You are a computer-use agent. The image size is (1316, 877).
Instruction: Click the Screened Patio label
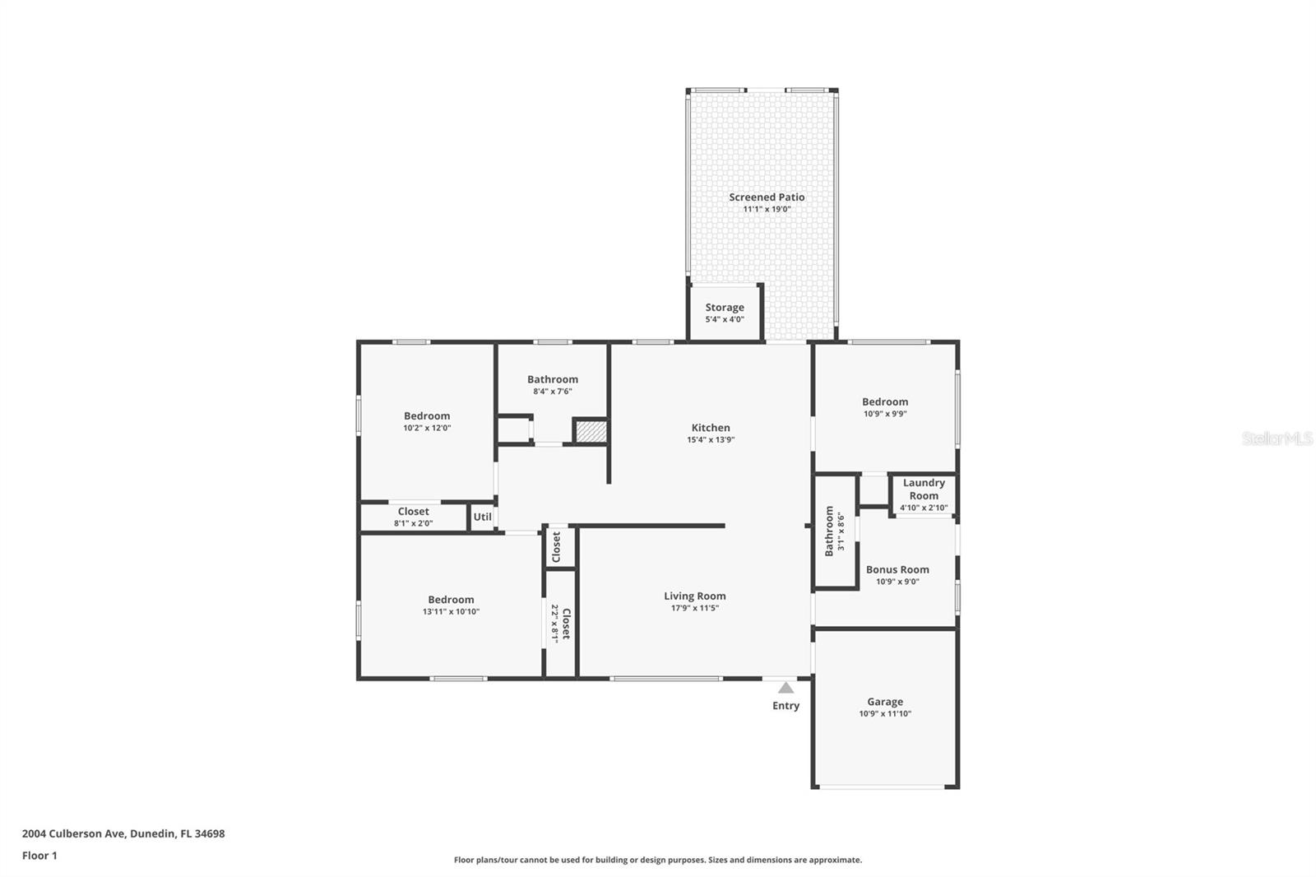(x=767, y=197)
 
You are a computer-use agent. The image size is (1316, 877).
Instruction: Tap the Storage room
(x=725, y=313)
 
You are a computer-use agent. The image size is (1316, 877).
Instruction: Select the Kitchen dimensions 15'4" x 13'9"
(x=711, y=440)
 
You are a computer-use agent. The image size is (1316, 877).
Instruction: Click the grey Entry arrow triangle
(x=786, y=688)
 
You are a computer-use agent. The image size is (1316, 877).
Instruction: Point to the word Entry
(x=785, y=706)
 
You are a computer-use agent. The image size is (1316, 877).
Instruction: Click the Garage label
(x=885, y=702)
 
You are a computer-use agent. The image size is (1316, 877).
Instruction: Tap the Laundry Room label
(x=924, y=490)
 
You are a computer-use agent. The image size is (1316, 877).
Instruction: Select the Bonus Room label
(x=897, y=569)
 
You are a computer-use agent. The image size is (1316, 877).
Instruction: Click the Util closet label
(x=483, y=517)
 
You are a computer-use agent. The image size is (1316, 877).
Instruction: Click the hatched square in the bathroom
(x=591, y=432)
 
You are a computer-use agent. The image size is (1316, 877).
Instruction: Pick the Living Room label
(x=695, y=596)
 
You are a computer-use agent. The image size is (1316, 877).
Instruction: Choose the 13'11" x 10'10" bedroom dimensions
(x=451, y=612)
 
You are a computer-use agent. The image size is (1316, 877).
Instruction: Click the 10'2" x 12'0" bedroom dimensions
(x=427, y=428)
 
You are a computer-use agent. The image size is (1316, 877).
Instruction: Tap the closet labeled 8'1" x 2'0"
(x=414, y=517)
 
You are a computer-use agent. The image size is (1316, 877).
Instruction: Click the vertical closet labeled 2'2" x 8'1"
(x=560, y=624)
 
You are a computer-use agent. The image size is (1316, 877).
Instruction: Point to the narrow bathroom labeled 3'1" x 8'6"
(x=834, y=531)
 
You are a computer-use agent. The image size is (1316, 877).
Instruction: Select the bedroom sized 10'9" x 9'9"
(x=885, y=407)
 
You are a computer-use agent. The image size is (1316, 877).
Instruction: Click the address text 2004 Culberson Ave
(x=74, y=833)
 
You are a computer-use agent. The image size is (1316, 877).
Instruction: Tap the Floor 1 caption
(x=39, y=856)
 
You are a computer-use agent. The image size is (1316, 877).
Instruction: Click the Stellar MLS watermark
(x=1277, y=439)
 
